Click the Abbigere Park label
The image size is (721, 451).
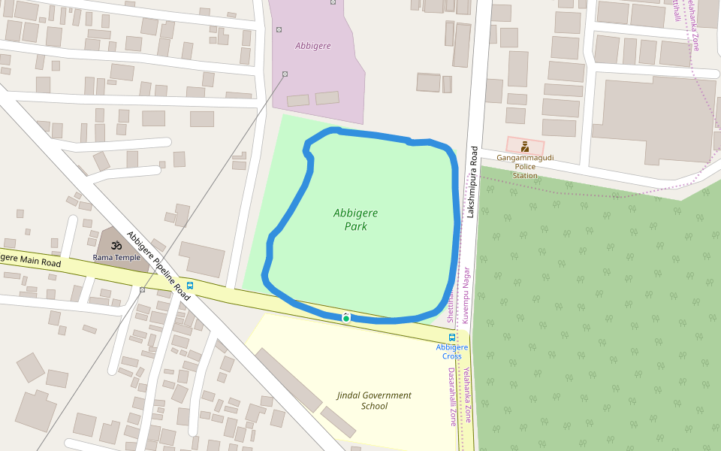click(x=355, y=219)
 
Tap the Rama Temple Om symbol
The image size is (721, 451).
click(x=116, y=245)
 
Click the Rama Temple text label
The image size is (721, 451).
click(x=116, y=257)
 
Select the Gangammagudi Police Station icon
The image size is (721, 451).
click(x=525, y=147)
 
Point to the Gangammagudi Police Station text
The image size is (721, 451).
click(x=525, y=167)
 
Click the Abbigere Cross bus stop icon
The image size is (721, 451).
click(x=451, y=337)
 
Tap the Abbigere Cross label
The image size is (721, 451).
click(x=451, y=351)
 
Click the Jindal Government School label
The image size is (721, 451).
click(x=374, y=401)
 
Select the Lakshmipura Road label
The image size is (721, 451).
click(x=472, y=181)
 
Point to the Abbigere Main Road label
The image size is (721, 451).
click(x=30, y=261)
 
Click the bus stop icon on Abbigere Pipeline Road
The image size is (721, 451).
click(x=190, y=285)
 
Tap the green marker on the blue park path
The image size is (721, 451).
click(x=346, y=318)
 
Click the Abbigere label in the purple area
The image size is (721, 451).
click(x=312, y=46)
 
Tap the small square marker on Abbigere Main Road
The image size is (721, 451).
click(x=142, y=289)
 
